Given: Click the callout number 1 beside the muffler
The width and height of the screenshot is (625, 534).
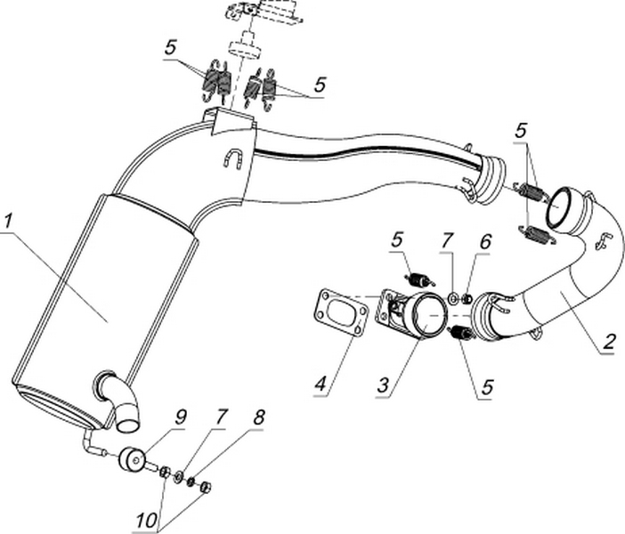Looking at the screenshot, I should pos(8,219).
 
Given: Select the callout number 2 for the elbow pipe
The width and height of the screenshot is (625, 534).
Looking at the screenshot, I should pos(609,341).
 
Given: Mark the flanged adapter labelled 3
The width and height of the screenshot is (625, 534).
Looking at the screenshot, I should pos(415,313).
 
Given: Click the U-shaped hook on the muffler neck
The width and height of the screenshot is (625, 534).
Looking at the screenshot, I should pos(233,159).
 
